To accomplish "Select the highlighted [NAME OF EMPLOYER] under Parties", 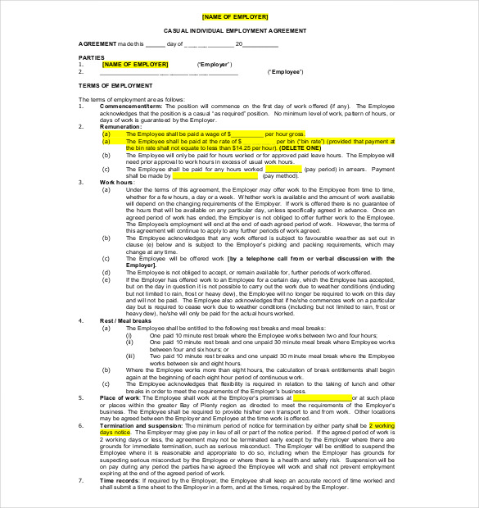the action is pos(135,64).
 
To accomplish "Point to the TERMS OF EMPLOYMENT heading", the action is pos(115,85).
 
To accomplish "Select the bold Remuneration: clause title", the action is pos(120,127).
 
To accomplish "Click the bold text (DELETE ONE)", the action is pos(301,147).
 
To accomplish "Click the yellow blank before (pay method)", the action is pos(215,175).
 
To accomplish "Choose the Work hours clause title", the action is pos(116,182).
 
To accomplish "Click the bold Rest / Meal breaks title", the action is pos(126,320).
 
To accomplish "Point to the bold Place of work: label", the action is pos(122,397).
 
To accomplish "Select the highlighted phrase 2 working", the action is pos(382,426).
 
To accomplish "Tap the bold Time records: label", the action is pos(122,480).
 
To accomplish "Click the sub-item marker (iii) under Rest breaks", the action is pos(130,356).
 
